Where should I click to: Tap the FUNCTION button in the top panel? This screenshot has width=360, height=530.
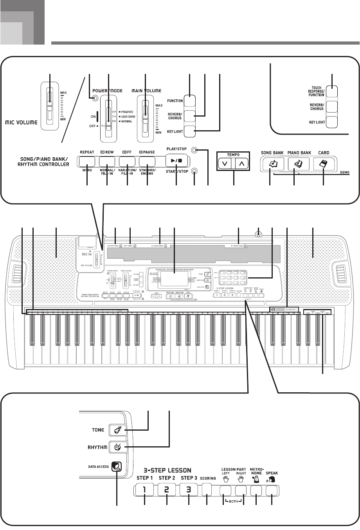pos(189,101)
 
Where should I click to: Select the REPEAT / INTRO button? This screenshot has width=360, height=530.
pos(86,162)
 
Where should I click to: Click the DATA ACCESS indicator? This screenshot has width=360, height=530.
pos(117,466)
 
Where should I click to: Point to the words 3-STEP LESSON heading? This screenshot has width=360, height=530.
pos(167,470)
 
